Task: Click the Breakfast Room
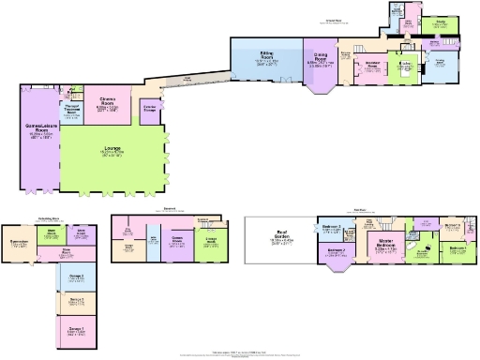pos(370,67)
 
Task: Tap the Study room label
pos(438,23)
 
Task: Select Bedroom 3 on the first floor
pos(333,229)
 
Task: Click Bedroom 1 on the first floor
pos(457,249)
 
